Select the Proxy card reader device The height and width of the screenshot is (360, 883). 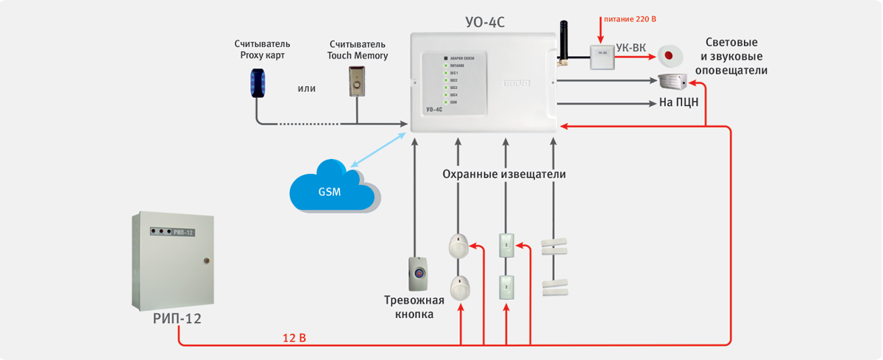click(x=257, y=81)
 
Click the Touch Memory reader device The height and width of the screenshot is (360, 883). click(x=358, y=80)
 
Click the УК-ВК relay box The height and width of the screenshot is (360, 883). click(x=603, y=55)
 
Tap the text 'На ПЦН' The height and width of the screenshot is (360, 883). click(x=678, y=102)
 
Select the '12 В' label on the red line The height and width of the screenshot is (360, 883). click(x=294, y=338)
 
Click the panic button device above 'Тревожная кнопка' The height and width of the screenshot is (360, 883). click(x=417, y=272)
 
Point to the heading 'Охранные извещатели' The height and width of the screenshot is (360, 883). click(x=504, y=174)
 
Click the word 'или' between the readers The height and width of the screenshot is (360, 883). click(x=307, y=88)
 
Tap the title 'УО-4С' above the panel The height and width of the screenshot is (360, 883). click(x=486, y=22)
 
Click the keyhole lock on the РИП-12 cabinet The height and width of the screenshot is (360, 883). click(x=205, y=260)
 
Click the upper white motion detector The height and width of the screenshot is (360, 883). click(x=458, y=245)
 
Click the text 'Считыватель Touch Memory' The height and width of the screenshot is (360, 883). click(x=358, y=49)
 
